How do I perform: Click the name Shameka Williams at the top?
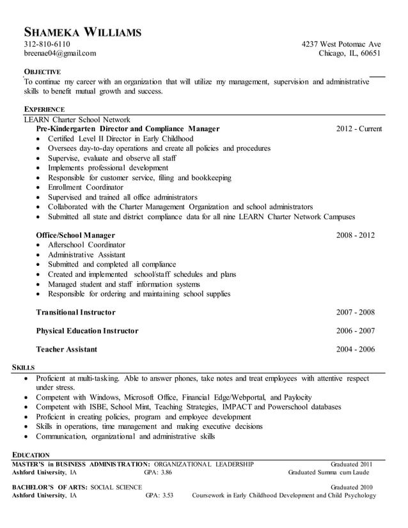coord(82,32)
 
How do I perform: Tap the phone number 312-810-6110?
coord(47,44)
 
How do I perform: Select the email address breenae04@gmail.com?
coord(60,54)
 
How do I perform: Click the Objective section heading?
coord(42,72)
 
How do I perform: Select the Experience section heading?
coord(44,109)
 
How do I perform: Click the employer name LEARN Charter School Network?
coord(77,120)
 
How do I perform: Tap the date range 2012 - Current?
coord(359,129)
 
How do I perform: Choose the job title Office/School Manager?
coord(75,235)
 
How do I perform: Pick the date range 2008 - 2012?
coord(356,235)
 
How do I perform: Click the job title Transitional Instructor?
coord(75,313)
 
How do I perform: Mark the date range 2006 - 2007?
coord(356,331)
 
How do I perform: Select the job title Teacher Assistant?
coord(67,350)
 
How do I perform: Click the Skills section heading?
coord(24,368)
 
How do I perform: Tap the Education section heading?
coord(31,454)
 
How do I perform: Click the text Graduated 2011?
coord(351,464)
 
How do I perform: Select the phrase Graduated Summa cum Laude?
coord(329,472)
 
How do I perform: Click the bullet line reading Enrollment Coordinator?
coord(86,187)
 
